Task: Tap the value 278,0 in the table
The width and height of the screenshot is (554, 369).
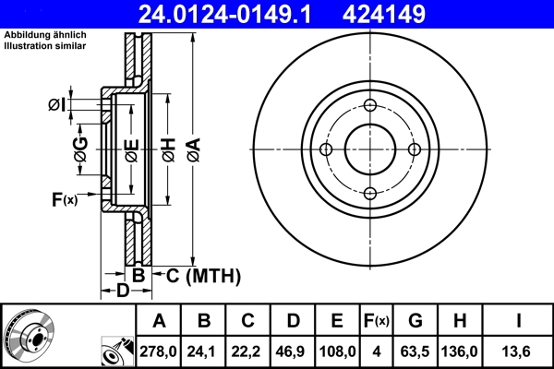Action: (x=159, y=351)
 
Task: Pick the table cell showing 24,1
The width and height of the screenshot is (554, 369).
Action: (x=204, y=351)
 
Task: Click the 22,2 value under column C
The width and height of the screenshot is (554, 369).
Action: (x=248, y=351)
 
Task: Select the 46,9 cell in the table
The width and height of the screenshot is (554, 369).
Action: (x=293, y=351)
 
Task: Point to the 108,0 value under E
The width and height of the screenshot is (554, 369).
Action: (x=337, y=351)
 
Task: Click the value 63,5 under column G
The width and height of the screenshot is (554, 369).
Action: (x=415, y=351)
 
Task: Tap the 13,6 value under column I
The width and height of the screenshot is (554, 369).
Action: (x=520, y=351)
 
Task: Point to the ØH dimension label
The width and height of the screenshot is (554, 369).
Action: (x=168, y=149)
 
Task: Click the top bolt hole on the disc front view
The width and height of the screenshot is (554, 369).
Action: (x=370, y=105)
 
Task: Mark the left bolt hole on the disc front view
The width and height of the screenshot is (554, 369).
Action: (x=326, y=149)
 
